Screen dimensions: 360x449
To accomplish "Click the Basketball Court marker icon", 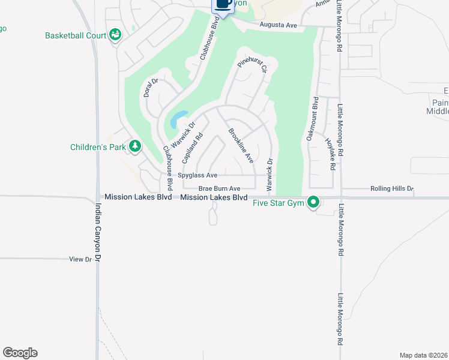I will pyautogui.click(x=114, y=35).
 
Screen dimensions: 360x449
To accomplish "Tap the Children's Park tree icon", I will pyautogui.click(x=136, y=146).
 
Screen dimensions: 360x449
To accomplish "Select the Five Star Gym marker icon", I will pyautogui.click(x=313, y=202).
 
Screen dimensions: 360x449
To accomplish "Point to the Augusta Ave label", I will pyautogui.click(x=279, y=25).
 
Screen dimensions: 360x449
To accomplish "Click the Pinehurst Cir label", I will pyautogui.click(x=252, y=65).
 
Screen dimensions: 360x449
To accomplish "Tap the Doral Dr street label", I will pyautogui.click(x=150, y=89).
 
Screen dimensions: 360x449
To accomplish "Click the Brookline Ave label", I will pyautogui.click(x=241, y=146).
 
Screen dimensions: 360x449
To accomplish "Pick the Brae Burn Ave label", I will pyautogui.click(x=219, y=188).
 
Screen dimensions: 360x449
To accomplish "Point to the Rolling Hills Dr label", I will pyautogui.click(x=392, y=188).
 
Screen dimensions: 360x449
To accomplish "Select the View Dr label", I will pyautogui.click(x=80, y=259).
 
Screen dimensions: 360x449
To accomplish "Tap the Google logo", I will pyautogui.click(x=20, y=353).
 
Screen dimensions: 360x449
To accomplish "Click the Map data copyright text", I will pyautogui.click(x=423, y=355).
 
